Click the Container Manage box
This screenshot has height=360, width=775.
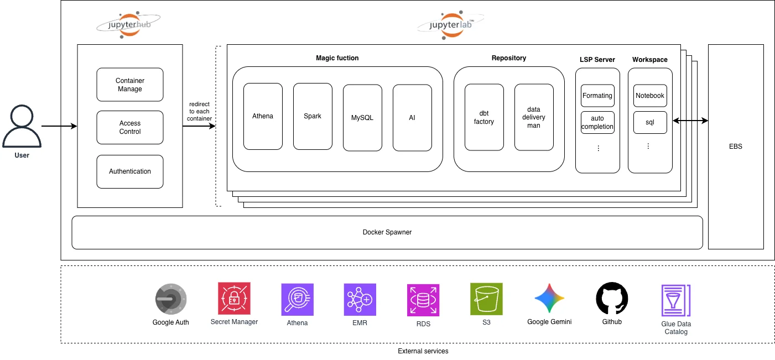pyautogui.click(x=130, y=85)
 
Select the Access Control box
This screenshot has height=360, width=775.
pyautogui.click(x=130, y=127)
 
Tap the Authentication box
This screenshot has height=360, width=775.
pyautogui.click(x=130, y=171)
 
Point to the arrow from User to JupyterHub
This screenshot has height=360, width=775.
pyautogui.click(x=59, y=127)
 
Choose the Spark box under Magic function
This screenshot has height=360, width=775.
pyautogui.click(x=313, y=116)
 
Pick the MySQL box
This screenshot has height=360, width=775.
pyautogui.click(x=362, y=118)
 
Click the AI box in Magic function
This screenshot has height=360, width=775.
pyautogui.click(x=412, y=118)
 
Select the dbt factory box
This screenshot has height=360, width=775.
pyautogui.click(x=484, y=117)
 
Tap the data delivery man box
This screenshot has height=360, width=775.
pyautogui.click(x=534, y=117)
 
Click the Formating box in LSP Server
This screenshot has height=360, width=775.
pyautogui.click(x=597, y=96)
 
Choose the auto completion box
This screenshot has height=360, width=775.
pyautogui.click(x=597, y=122)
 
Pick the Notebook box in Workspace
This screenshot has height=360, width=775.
pyautogui.click(x=650, y=96)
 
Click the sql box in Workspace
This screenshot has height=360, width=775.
pyautogui.click(x=650, y=122)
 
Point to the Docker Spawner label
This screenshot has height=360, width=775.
pyautogui.click(x=387, y=232)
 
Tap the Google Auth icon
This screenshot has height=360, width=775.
pyautogui.click(x=170, y=300)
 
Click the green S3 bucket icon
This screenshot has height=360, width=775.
pyautogui.click(x=486, y=299)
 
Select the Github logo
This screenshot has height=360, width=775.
pyautogui.click(x=612, y=299)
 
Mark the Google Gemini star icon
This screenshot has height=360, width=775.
pyautogui.click(x=549, y=299)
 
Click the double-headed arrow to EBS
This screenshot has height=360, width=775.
pyautogui.click(x=690, y=120)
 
